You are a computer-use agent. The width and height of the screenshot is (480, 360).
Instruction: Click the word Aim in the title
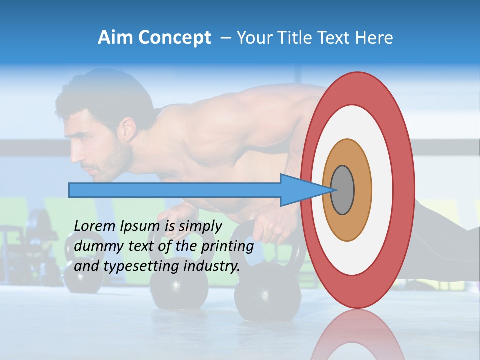click(114, 38)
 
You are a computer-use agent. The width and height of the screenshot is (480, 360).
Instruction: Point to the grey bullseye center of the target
click(343, 190)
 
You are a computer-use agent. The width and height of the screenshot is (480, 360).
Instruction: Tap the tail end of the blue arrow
click(70, 190)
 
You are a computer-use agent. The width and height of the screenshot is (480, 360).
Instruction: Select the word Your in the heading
click(252, 38)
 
